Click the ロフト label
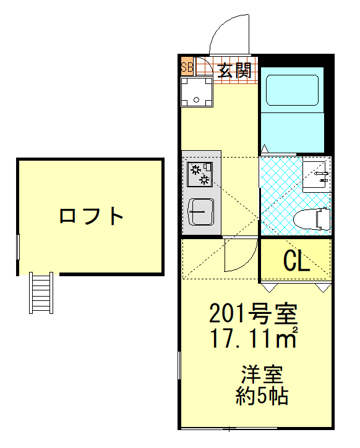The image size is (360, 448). point(92,216)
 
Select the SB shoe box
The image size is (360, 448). point(187,67)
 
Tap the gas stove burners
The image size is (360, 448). point(200,174)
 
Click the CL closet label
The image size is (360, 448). point(296,262)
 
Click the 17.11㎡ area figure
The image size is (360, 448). point(254,338)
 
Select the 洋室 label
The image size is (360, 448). point(262,374)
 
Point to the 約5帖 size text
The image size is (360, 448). point(262,395)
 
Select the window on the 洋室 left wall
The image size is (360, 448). point(179,374)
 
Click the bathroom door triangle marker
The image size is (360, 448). point(264,148)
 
